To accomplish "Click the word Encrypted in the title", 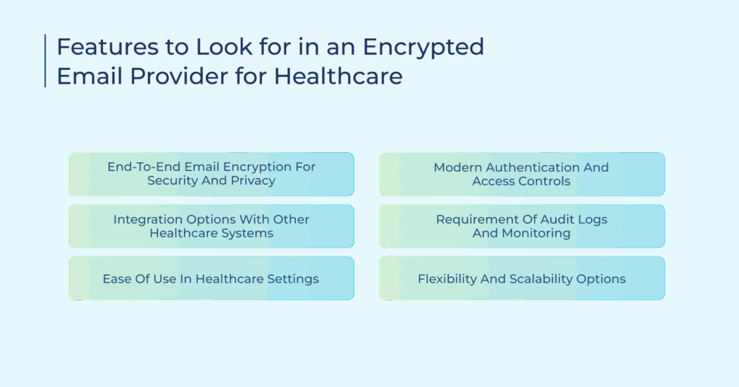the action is click(x=423, y=48).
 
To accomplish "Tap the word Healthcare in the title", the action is click(x=338, y=76).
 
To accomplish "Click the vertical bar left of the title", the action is click(x=45, y=61).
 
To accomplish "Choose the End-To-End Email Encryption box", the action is click(x=211, y=174).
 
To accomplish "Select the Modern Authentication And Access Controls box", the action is click(x=522, y=174).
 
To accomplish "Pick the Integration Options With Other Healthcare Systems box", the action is click(x=211, y=226).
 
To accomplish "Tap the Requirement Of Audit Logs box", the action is click(x=522, y=226).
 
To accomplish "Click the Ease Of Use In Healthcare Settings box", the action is click(x=211, y=278).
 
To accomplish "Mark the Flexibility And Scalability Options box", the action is click(x=522, y=278).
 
